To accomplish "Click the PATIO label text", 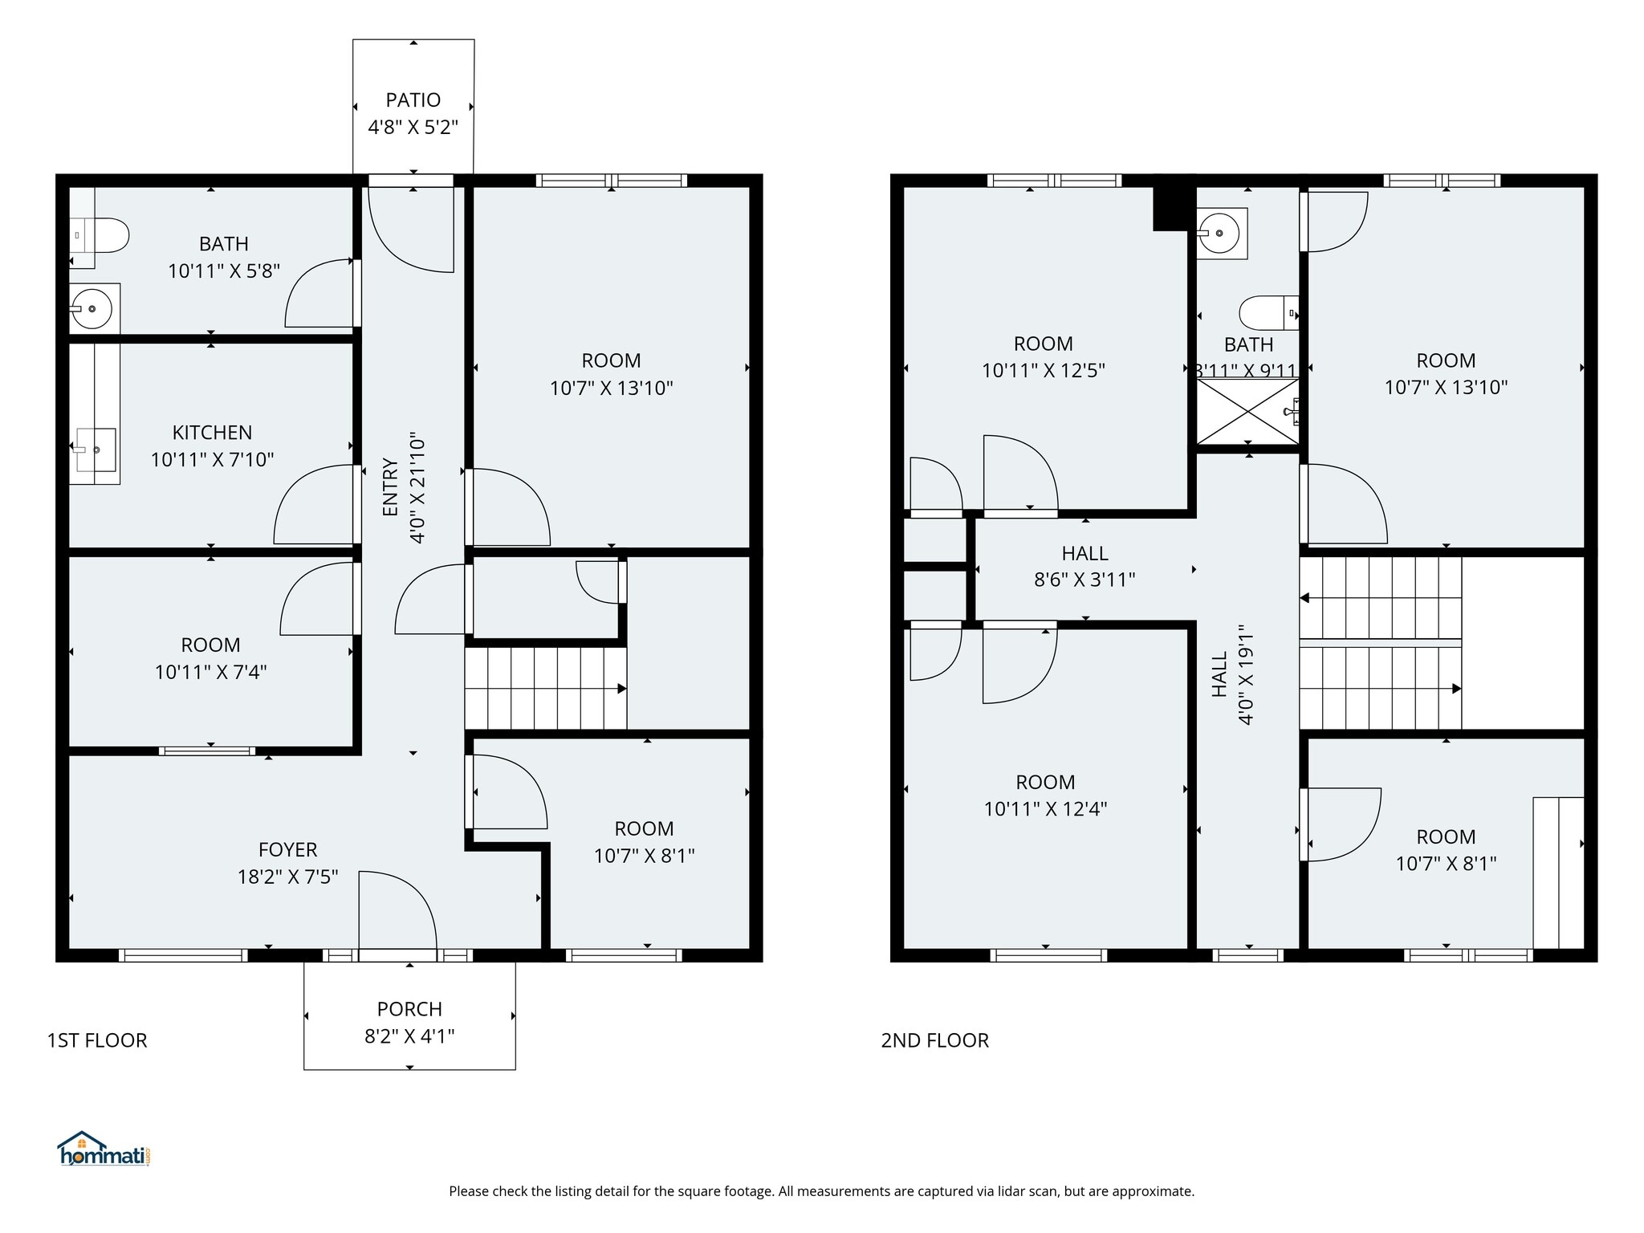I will pyautogui.click(x=413, y=100).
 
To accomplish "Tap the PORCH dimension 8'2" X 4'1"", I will pyautogui.click(x=409, y=1036).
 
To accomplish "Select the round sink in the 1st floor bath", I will pyautogui.click(x=92, y=308).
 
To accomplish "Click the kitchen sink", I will pyautogui.click(x=96, y=450).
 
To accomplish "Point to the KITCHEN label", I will pyautogui.click(x=212, y=433).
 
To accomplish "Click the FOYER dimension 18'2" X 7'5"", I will pyautogui.click(x=287, y=877).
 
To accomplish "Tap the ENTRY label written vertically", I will pyautogui.click(x=390, y=487).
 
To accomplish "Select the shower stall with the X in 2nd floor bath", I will pyautogui.click(x=1248, y=411).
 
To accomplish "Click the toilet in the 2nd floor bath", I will pyautogui.click(x=1266, y=313).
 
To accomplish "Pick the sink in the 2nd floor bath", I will pyautogui.click(x=1220, y=233).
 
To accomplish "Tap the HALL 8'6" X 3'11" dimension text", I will pyautogui.click(x=1084, y=580).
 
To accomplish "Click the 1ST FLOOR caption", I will pyautogui.click(x=97, y=1040).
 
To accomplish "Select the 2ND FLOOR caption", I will pyautogui.click(x=934, y=1040).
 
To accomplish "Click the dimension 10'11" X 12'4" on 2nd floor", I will pyautogui.click(x=1045, y=809).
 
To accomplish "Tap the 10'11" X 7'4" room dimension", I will pyautogui.click(x=210, y=672).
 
